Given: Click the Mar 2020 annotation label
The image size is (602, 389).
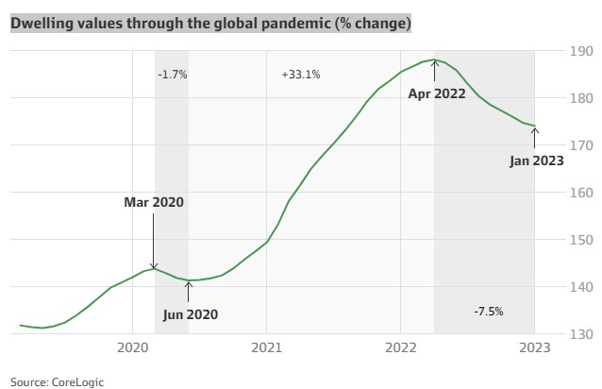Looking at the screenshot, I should pos(154,202).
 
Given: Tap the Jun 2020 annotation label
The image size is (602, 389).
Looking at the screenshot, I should pos(189,313).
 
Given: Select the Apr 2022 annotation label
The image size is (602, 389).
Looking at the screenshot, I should pos(437,93).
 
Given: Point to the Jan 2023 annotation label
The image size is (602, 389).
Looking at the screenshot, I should pos(537,161).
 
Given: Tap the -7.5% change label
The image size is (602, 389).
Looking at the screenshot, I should pos(488,311).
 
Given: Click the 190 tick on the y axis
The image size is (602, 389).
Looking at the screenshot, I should pos(580,51).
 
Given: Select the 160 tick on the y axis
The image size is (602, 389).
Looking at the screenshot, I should pos(580,193).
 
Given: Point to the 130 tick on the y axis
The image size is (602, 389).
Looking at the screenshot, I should pos(580,334).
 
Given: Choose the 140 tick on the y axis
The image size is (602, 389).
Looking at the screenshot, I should pos(580,287).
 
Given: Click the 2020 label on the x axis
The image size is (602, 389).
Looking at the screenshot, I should pos(132,349).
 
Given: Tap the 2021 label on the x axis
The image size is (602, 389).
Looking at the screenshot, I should pos(267,349).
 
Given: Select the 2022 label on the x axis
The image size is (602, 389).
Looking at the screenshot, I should pos(401,349).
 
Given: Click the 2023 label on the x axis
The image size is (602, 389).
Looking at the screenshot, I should pos(535,349).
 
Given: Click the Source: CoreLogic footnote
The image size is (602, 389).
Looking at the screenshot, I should pos(58,381).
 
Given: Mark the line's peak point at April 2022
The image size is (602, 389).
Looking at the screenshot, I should pos(434,60).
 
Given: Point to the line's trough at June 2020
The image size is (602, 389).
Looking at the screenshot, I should pos(189,280).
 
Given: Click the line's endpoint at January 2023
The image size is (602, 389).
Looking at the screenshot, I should pos(535,126).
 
